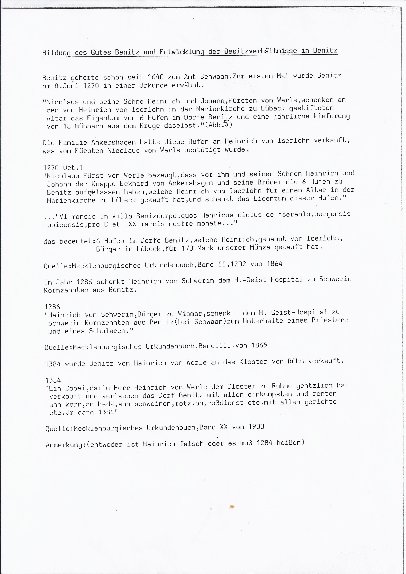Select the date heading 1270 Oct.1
(x=63, y=167)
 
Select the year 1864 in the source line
(x=274, y=264)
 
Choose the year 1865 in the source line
(x=259, y=345)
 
